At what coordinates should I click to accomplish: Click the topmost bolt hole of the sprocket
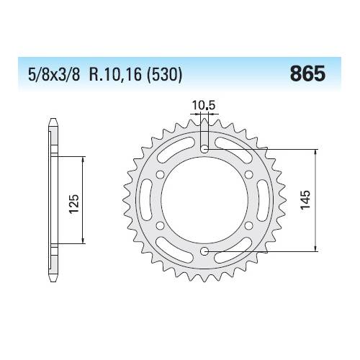coord(205,149)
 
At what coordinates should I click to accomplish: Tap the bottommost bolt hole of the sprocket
coord(205,251)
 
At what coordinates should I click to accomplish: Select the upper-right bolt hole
coord(249,175)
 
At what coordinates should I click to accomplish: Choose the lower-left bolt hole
coord(161,225)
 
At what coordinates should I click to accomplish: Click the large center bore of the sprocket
coord(205,200)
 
